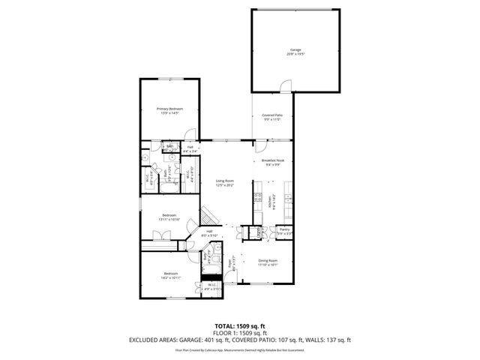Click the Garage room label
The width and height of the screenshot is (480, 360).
coord(295,52)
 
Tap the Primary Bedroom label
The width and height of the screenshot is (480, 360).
coord(169,111)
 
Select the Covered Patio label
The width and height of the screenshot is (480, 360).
coord(272,117)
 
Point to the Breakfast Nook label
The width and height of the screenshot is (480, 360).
coord(272,162)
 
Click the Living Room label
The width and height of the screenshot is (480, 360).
coord(225,182)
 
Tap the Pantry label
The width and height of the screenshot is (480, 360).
coord(284,232)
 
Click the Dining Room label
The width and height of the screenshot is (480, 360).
coord(268,262)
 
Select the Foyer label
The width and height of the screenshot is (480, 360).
coord(234,262)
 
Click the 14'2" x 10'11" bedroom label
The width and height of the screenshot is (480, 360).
coord(171,275)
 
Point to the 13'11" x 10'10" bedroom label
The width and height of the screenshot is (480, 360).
coord(169,217)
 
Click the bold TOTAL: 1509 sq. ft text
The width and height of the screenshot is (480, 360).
coord(240,326)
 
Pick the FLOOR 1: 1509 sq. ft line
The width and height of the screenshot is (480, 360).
coord(240,334)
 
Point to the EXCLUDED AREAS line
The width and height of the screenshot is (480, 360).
coord(240,341)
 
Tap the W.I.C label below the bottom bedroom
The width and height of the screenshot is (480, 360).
coord(209,286)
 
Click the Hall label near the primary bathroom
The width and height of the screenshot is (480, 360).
coord(190,148)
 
